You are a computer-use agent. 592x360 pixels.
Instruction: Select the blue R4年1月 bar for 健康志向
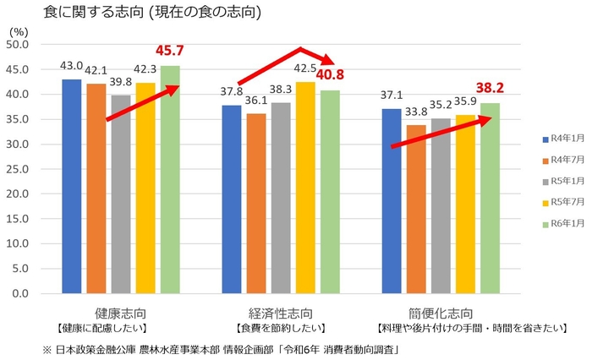[72, 186]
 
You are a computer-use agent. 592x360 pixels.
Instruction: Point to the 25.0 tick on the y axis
[18, 169]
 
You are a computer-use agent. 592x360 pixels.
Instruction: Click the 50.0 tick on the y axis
[18, 44]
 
